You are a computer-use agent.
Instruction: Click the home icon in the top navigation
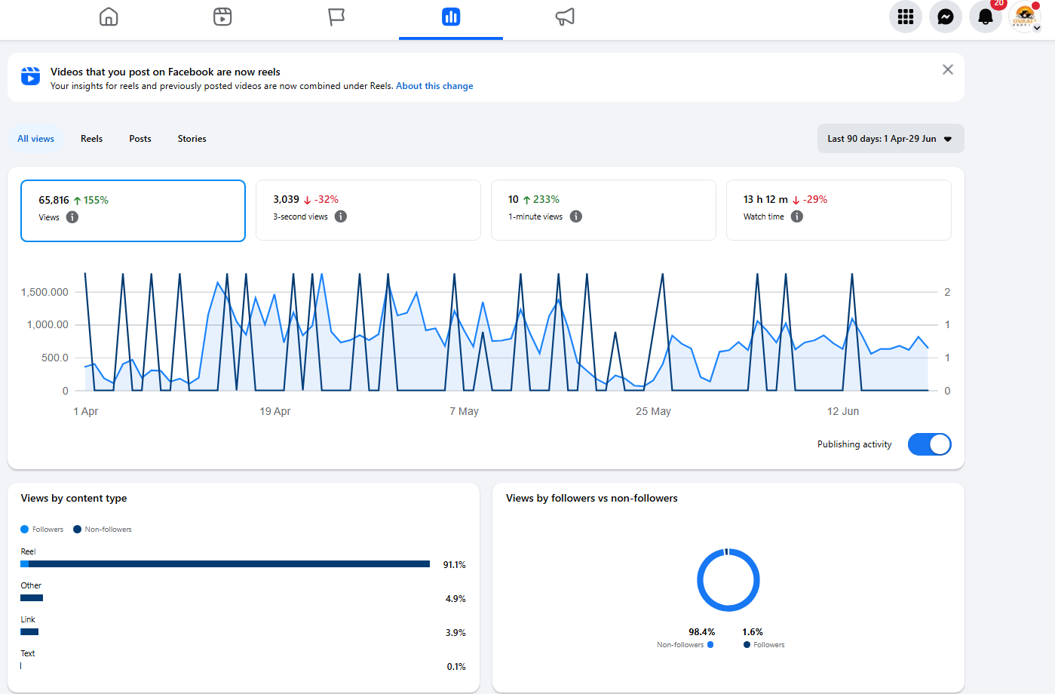[x=109, y=17]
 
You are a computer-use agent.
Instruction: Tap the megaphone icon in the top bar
[x=565, y=17]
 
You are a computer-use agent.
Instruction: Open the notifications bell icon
[x=986, y=17]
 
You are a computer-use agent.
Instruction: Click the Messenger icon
[x=945, y=17]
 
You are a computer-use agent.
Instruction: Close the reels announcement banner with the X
[x=948, y=69]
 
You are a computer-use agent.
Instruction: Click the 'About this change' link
[x=434, y=86]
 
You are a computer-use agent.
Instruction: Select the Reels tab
[x=91, y=139]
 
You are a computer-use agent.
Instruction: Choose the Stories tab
[x=192, y=139]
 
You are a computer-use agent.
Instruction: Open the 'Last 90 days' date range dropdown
[x=890, y=139]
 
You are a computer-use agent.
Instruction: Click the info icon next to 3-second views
[x=341, y=216]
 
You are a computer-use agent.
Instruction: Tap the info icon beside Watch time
[x=796, y=216]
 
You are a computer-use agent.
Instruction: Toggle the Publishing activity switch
[x=929, y=444]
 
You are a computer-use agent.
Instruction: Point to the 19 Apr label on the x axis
[x=275, y=411]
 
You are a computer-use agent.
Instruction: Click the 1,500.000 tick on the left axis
[x=44, y=292]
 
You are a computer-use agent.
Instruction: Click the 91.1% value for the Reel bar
[x=454, y=564]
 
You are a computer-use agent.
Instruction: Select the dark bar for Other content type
[x=32, y=598]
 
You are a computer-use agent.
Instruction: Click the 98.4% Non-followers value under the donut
[x=702, y=632]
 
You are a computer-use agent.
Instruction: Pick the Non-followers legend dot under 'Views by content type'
[x=77, y=529]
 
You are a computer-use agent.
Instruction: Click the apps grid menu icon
[x=905, y=17]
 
